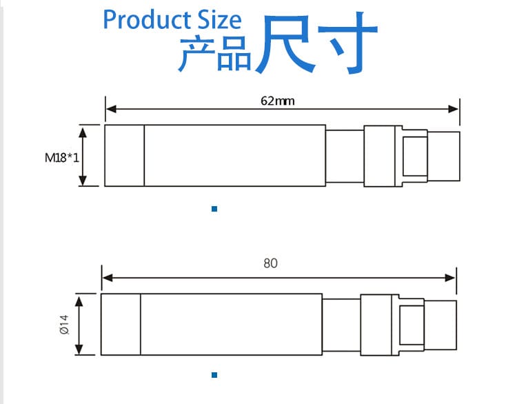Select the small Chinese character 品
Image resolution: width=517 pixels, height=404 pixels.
[234, 55]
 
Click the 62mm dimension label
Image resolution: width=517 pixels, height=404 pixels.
[278, 101]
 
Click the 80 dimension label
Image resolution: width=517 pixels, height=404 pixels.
[271, 263]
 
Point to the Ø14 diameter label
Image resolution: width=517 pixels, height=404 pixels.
[63, 324]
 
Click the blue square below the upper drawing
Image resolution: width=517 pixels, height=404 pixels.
[214, 208]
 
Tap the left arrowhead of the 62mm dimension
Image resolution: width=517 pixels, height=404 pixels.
[110, 109]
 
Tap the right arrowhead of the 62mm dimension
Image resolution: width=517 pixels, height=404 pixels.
[455, 109]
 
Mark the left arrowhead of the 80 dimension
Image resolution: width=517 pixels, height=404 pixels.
[106, 277]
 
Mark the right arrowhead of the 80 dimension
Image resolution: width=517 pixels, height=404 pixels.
[452, 277]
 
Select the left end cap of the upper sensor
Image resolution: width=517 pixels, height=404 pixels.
[124, 155]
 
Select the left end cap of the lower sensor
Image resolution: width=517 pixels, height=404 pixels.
[121, 324]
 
